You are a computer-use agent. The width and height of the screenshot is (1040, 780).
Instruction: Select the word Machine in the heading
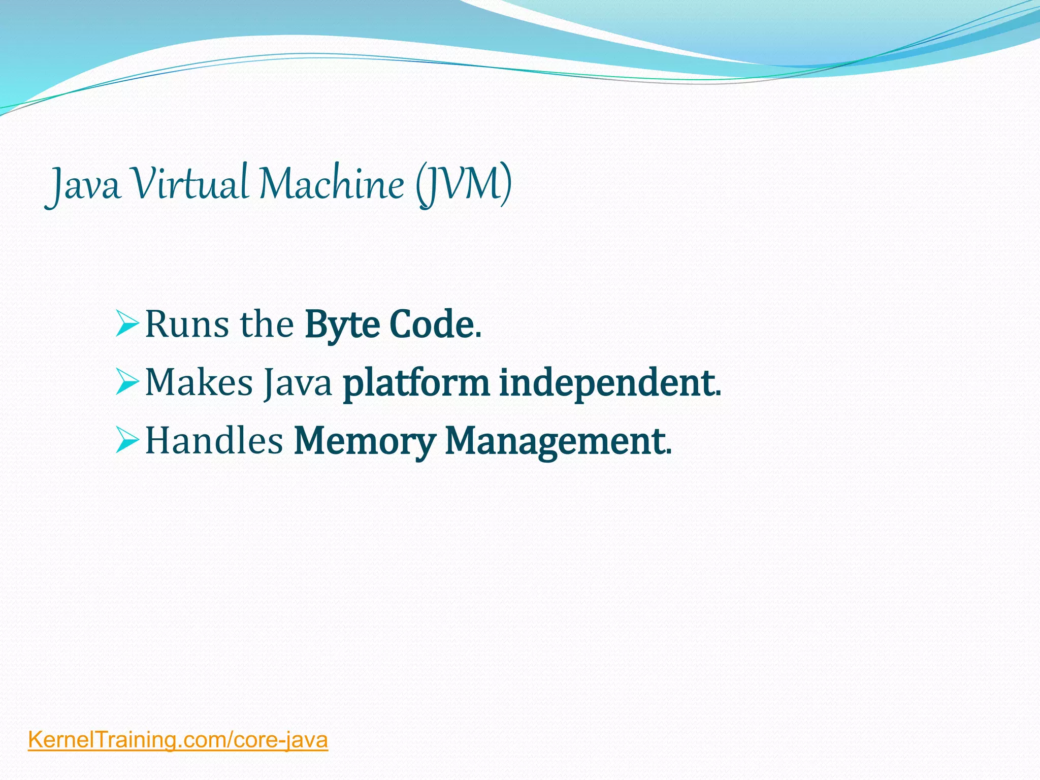pos(331,183)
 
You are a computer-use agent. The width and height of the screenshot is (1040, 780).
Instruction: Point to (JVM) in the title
pos(463,184)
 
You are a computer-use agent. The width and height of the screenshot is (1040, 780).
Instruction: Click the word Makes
pos(199,382)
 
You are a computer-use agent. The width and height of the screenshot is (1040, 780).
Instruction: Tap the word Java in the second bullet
pos(298,383)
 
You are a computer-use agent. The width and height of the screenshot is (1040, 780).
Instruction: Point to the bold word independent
pos(606,383)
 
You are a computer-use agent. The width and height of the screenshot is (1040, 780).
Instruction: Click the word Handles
pos(214,440)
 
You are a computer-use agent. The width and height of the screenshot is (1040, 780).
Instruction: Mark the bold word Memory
pos(365,441)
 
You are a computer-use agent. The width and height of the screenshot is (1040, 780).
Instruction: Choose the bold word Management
pos(555,441)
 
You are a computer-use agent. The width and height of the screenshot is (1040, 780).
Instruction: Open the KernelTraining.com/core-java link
pos(178,740)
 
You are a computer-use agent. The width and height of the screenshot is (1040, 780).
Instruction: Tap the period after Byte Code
pos(478,336)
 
